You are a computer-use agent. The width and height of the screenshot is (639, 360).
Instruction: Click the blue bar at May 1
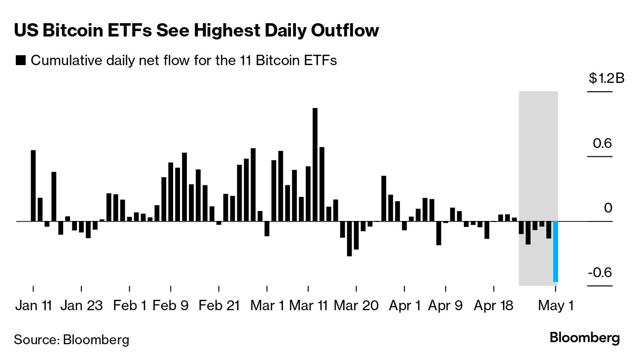click(x=555, y=252)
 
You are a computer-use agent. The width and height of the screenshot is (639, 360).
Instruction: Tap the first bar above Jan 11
click(x=34, y=185)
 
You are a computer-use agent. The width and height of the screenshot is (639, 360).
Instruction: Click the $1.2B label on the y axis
click(x=606, y=78)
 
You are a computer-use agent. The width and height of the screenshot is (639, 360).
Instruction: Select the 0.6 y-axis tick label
click(x=602, y=144)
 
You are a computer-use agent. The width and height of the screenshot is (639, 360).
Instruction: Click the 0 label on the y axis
click(x=608, y=208)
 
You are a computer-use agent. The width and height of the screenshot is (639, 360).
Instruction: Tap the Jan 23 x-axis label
click(x=81, y=305)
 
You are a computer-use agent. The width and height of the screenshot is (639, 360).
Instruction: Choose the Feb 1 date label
click(x=130, y=305)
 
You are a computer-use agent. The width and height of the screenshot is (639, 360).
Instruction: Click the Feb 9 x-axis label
click(x=171, y=305)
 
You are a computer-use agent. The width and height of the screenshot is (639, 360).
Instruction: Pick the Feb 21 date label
click(x=219, y=305)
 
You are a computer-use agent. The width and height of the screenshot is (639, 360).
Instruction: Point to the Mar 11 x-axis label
click(x=309, y=305)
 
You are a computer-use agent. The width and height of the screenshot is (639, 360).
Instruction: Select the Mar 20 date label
click(x=356, y=305)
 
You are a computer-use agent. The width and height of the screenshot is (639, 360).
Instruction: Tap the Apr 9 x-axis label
click(x=445, y=305)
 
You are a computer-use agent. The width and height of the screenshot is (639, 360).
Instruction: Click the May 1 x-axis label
click(x=556, y=305)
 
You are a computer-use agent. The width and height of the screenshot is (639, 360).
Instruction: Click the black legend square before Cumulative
click(x=21, y=61)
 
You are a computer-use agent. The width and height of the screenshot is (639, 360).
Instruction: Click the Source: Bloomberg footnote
click(x=71, y=339)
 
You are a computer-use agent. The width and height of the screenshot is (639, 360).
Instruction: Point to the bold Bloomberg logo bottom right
click(x=584, y=338)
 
